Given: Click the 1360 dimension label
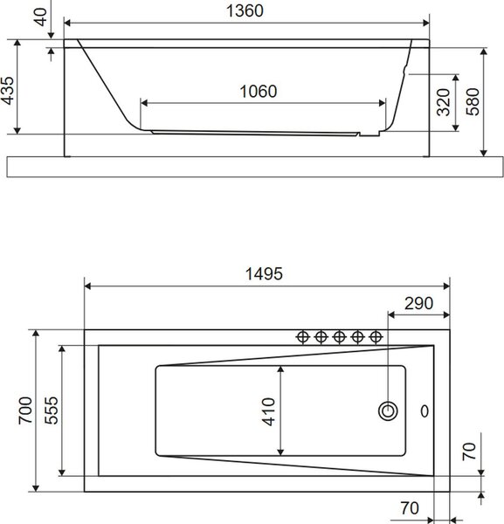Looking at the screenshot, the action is click(245, 10).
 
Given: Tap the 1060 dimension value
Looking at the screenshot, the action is click(259, 91).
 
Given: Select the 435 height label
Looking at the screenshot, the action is click(8, 91).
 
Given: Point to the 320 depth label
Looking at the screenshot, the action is click(444, 102).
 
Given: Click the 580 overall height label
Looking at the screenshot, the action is click(473, 101).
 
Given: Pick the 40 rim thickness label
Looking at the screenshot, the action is click(40, 17).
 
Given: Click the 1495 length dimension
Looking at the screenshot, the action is click(264, 273).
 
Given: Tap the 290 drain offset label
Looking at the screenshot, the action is click(418, 303).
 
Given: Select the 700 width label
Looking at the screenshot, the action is click(25, 410).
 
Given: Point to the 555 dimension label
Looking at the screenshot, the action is click(52, 410).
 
